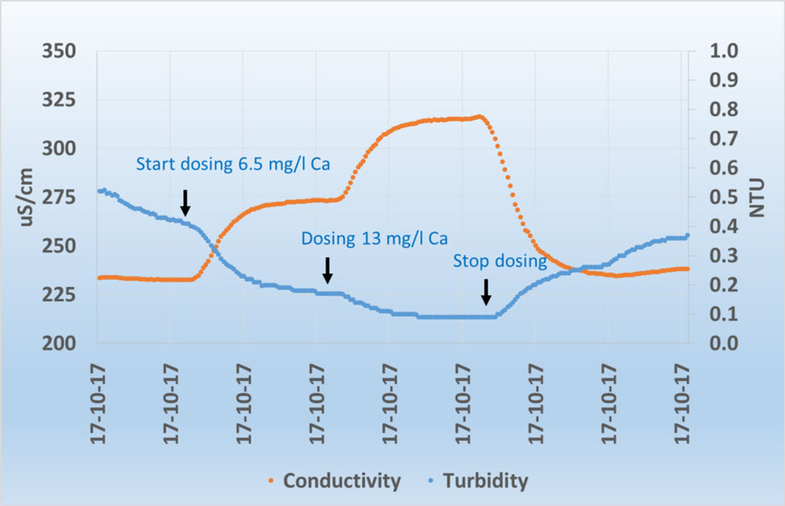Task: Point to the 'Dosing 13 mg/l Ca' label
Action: (x=375, y=239)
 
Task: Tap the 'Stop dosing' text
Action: (x=500, y=262)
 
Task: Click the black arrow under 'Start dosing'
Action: (x=186, y=202)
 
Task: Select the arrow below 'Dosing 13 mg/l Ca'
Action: (x=327, y=270)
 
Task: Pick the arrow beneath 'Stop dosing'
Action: (x=486, y=292)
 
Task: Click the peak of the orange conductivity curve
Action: (x=480, y=117)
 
